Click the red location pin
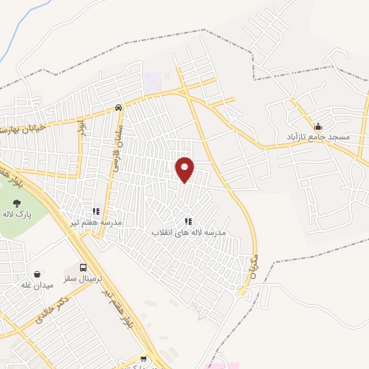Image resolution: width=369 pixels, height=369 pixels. click(x=185, y=169)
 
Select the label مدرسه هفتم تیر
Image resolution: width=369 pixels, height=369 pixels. click(x=97, y=222)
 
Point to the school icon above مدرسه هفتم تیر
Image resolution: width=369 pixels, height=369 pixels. click(x=95, y=212)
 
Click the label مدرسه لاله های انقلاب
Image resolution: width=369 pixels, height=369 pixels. click(x=188, y=233)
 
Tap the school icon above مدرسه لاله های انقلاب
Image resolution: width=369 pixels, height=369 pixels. click(x=188, y=222)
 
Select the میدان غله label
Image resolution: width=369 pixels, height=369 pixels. click(x=37, y=285)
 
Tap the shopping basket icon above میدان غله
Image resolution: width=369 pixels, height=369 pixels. click(x=37, y=274)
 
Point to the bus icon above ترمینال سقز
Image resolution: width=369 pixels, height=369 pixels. click(x=84, y=267)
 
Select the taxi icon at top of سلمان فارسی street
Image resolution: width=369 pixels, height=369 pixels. click(x=117, y=108)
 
